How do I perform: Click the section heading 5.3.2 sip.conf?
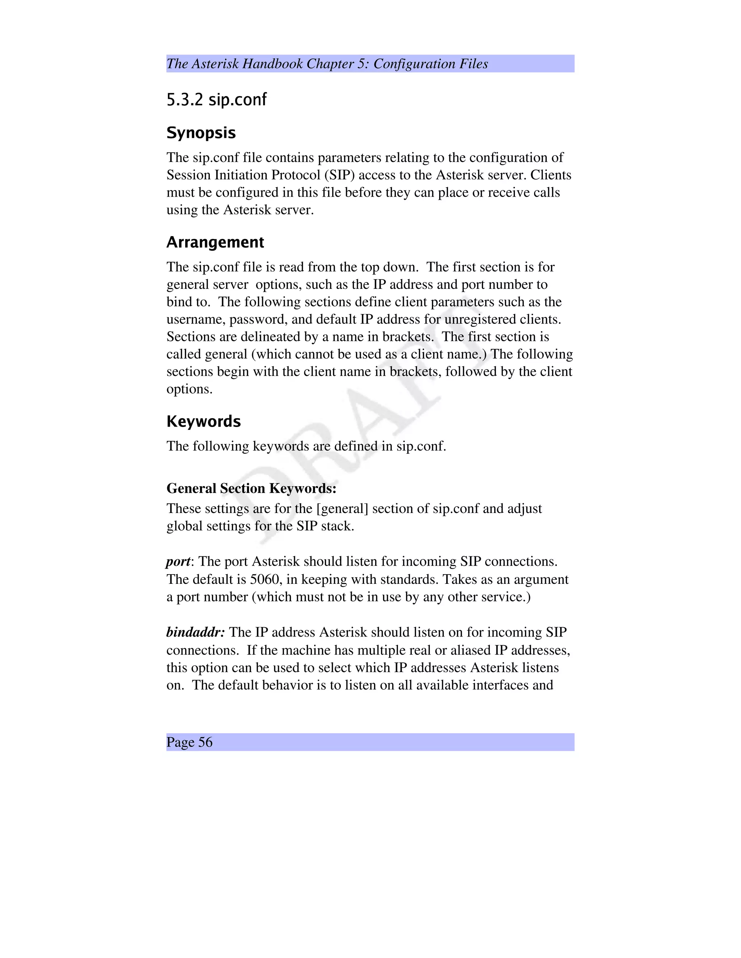tap(216, 100)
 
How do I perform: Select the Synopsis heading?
tap(201, 132)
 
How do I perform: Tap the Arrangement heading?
tap(215, 242)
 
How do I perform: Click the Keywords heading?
tap(203, 422)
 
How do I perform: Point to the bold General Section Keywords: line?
tap(251, 488)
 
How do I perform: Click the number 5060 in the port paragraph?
tap(265, 579)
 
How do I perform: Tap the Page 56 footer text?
tap(189, 742)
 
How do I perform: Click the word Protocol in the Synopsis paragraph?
tap(296, 175)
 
